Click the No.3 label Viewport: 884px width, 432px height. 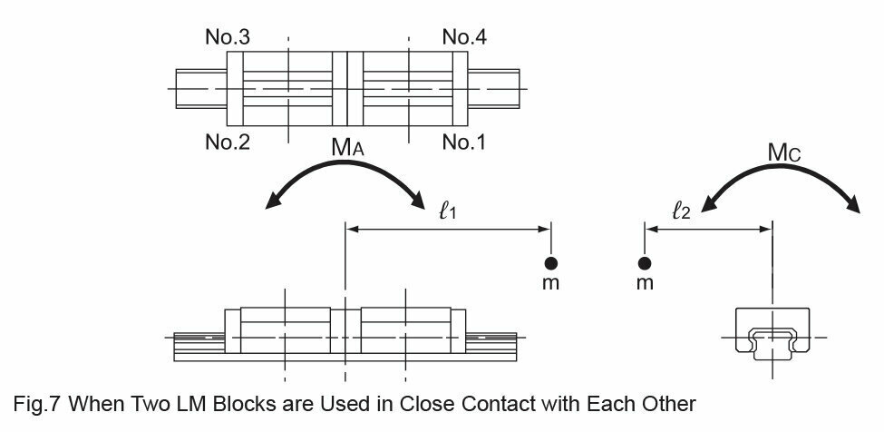(228, 37)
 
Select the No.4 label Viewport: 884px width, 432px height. (464, 37)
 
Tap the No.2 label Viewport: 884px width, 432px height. (228, 142)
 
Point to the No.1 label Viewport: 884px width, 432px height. (464, 142)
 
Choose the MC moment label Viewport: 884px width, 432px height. (784, 152)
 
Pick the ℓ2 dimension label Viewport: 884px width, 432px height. (681, 211)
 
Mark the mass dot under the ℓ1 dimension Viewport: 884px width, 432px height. (551, 263)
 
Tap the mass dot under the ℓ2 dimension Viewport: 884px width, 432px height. (645, 263)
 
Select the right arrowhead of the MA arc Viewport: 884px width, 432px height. (418, 201)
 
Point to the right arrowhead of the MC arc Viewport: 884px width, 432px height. (853, 205)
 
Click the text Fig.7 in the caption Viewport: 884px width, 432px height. (37, 405)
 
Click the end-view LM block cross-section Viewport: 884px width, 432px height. (772, 334)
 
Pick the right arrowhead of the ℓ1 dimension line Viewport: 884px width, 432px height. (545, 229)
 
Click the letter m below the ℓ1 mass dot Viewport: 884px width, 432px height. (551, 283)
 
